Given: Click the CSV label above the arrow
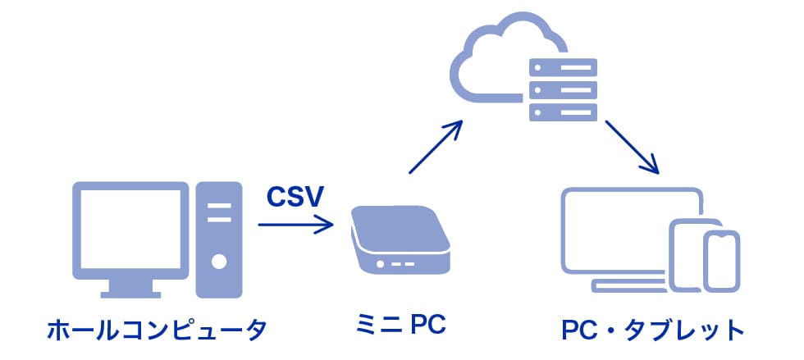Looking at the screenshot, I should (295, 197).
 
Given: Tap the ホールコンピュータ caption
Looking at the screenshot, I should (157, 331).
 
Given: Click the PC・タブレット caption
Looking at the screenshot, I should (652, 331).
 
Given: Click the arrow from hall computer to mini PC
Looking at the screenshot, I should (295, 223).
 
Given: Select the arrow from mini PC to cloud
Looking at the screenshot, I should (436, 148).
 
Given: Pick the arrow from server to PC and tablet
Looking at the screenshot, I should (633, 148).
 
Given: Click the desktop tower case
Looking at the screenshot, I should (218, 239).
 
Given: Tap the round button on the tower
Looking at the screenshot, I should (218, 263).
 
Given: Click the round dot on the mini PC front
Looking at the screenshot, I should (381, 263).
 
